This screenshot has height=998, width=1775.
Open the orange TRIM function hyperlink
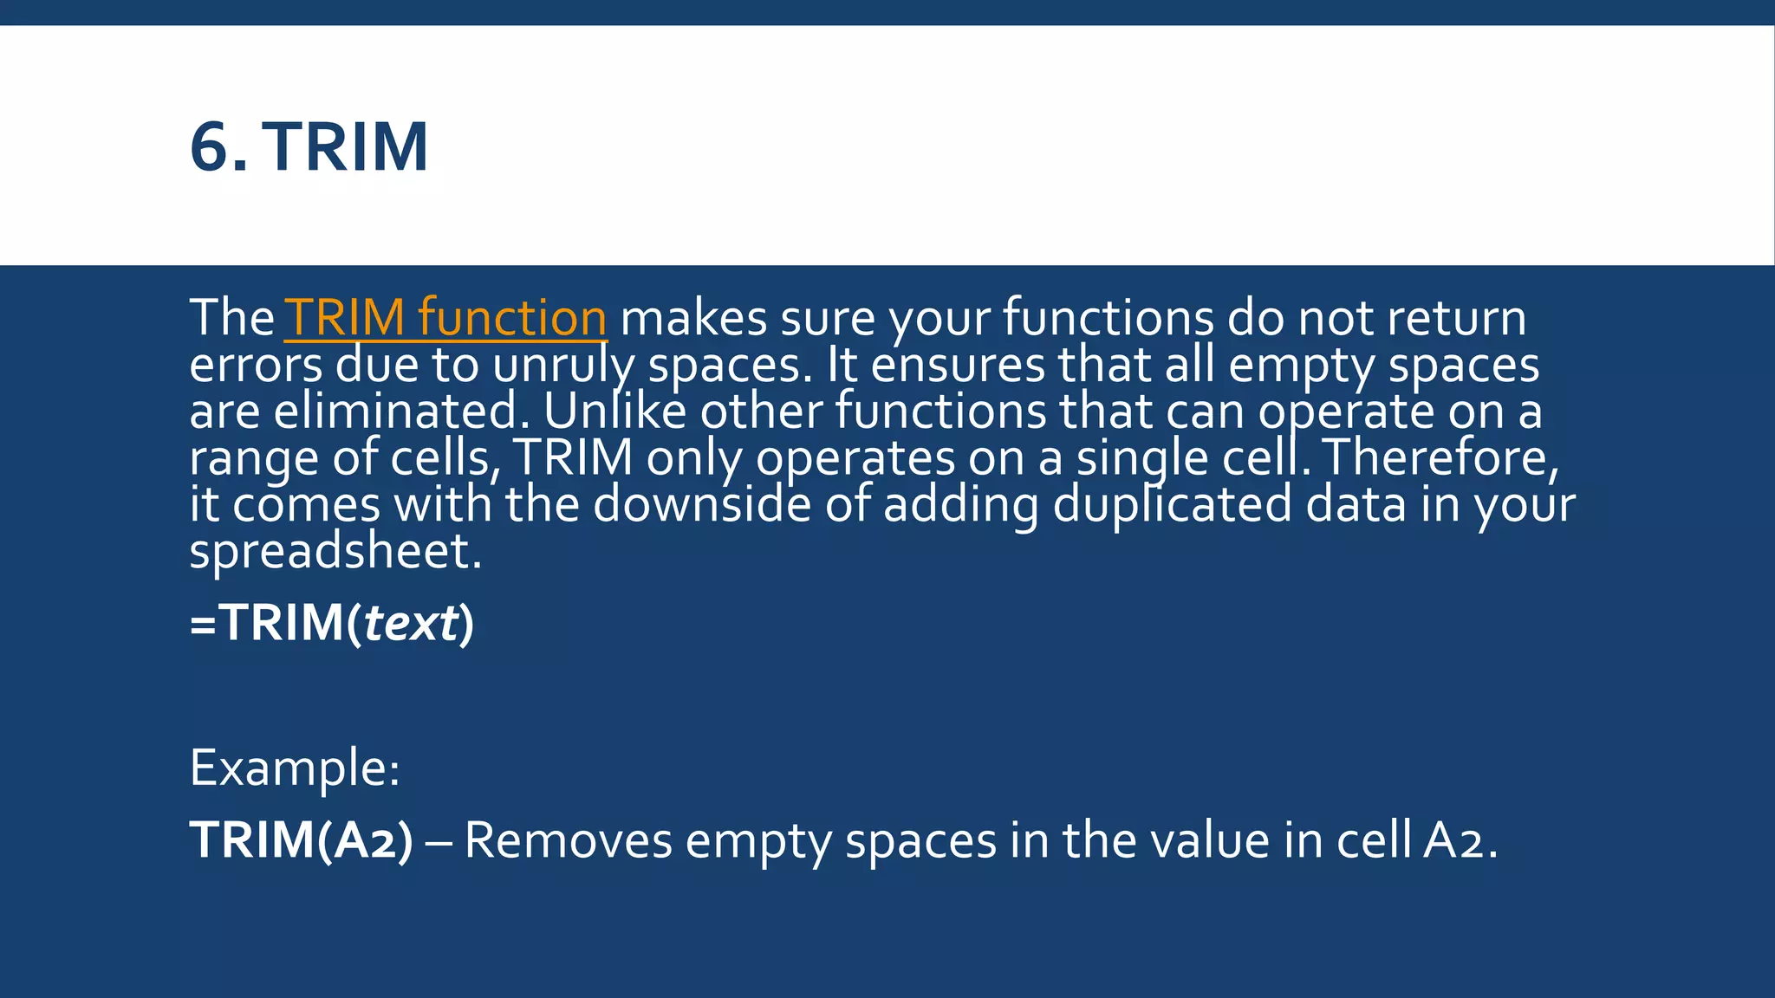pyautogui.click(x=445, y=317)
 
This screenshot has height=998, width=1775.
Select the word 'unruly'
pyautogui.click(x=563, y=366)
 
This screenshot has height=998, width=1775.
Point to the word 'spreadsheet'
pyautogui.click(x=335, y=551)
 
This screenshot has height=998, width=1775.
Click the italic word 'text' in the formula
pyautogui.click(x=410, y=623)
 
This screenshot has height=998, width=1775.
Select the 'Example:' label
pyautogui.click(x=295, y=768)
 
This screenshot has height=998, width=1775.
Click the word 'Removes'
pyautogui.click(x=568, y=840)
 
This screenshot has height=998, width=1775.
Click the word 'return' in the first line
pyautogui.click(x=1456, y=318)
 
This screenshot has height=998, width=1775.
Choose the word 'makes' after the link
pyautogui.click(x=693, y=318)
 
